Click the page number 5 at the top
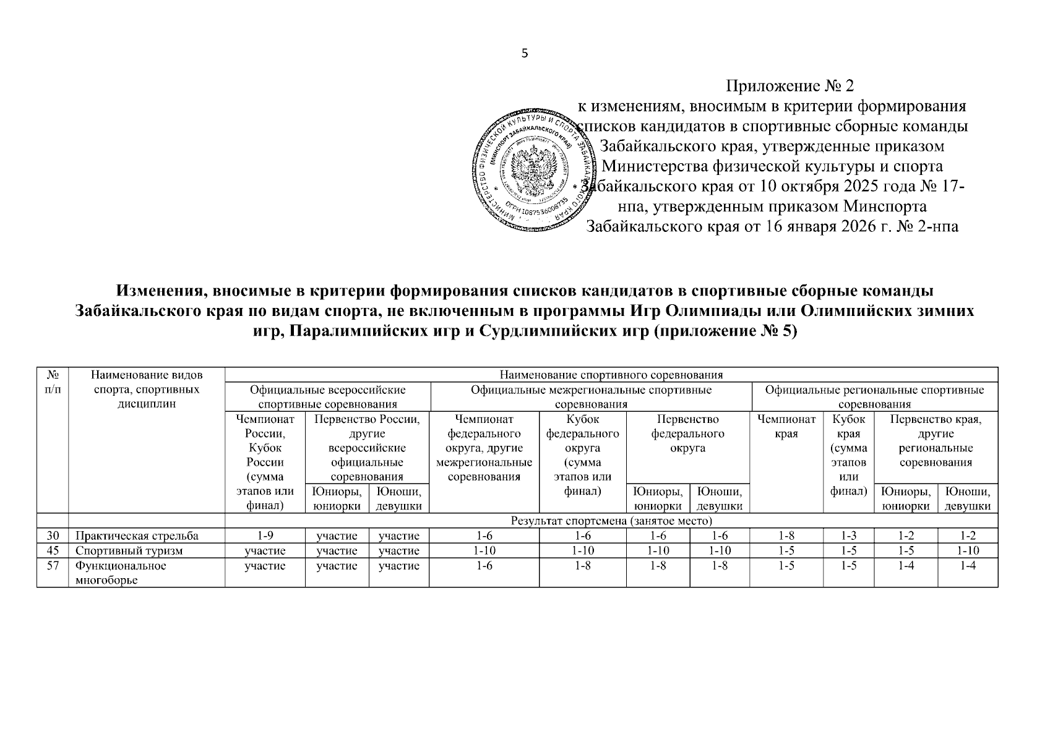525,54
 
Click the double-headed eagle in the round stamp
536,168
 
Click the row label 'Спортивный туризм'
129,550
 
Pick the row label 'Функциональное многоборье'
121,572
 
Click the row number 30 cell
53,535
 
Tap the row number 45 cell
53,550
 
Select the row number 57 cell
53,565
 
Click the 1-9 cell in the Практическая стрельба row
265,535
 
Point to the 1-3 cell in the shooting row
848,535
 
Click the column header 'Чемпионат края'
786,427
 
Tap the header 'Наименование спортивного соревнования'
611,375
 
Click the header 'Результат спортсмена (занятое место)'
611,521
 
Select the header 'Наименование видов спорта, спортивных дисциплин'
146,390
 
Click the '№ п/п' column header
53,382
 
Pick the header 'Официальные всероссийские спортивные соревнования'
327,397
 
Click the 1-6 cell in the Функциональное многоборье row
484,565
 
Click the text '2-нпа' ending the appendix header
939,226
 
